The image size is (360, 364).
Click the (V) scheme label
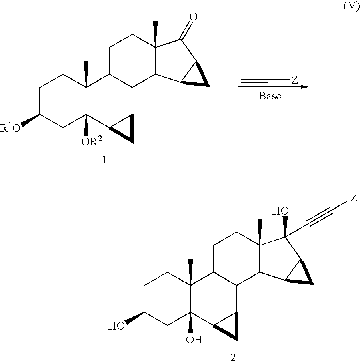352,7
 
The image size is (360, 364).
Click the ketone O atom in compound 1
193,17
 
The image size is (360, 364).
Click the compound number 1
105,161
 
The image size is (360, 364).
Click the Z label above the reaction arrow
294,80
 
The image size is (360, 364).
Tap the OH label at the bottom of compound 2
194,340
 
